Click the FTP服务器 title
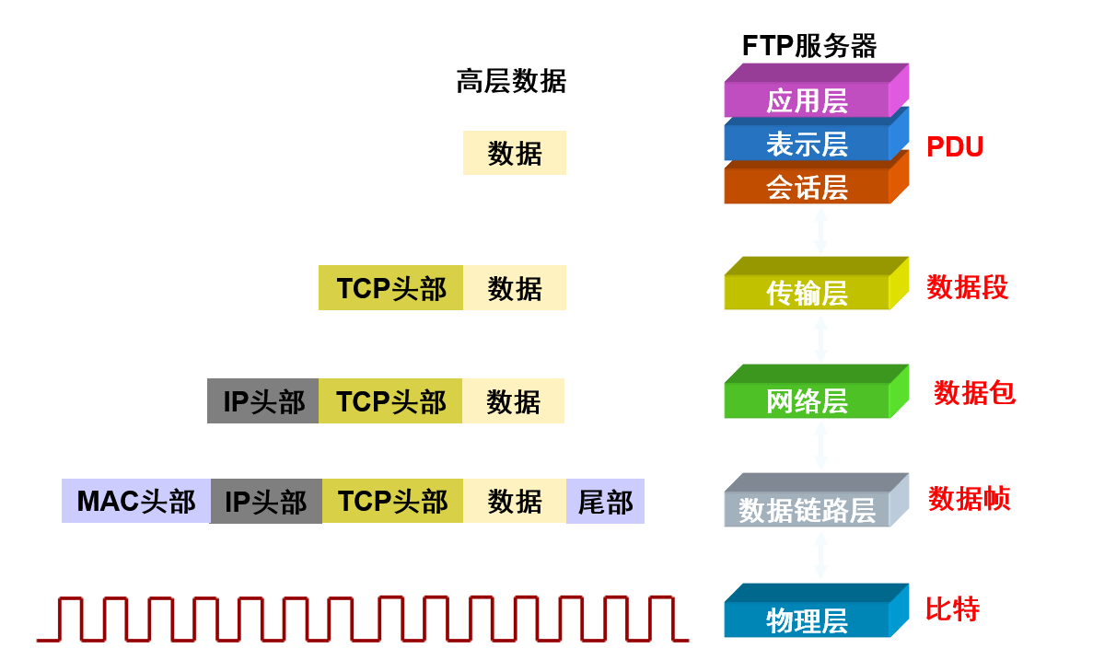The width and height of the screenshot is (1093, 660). pos(808,45)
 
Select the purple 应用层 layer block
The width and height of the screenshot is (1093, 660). pos(807,100)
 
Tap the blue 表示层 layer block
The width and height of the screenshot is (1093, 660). pos(807,144)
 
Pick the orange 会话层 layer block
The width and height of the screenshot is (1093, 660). pos(807,187)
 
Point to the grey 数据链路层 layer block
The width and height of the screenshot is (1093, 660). pos(807,510)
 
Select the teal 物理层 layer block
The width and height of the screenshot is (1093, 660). pos(807,619)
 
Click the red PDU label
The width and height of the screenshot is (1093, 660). pos(955,146)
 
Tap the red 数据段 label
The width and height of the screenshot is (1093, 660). pos(967,287)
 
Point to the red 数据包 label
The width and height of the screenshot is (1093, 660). pos(974,393)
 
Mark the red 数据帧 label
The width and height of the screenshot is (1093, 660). pos(969,499)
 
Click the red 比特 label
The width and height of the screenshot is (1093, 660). pos(952,609)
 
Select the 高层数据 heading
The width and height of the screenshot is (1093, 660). pos(511,82)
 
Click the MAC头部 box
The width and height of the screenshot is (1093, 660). pos(136,502)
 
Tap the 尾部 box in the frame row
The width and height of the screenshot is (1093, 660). pos(605,502)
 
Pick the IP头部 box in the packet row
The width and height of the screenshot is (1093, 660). pos(263,401)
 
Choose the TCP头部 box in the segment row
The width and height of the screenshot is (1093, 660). pos(390,288)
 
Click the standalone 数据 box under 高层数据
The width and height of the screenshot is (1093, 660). pos(514,153)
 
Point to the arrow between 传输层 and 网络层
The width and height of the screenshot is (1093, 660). pos(820,339)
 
